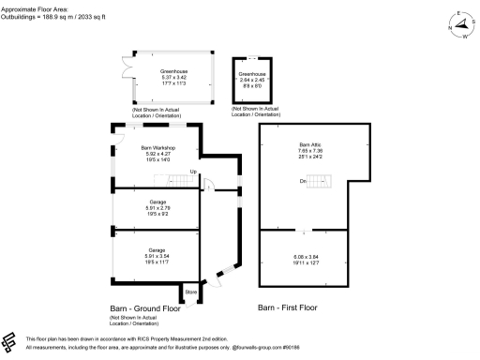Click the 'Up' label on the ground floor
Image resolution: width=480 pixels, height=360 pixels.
pyautogui.click(x=192, y=172)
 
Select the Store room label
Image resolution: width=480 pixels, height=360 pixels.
pyautogui.click(x=191, y=292)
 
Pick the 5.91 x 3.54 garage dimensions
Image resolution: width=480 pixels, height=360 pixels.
pyautogui.click(x=157, y=256)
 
